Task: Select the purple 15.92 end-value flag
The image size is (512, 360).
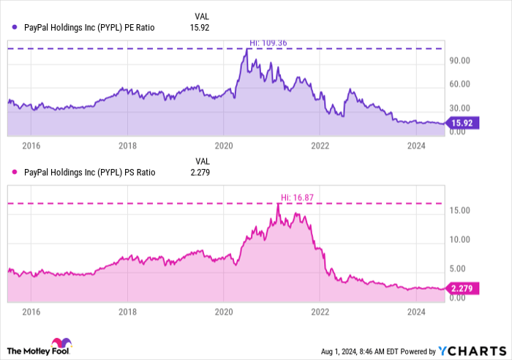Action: pyautogui.click(x=462, y=124)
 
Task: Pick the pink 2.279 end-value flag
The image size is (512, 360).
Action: pyautogui.click(x=463, y=288)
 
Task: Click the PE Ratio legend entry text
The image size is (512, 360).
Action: pyautogui.click(x=90, y=27)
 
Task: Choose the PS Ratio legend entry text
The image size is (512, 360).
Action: pyautogui.click(x=90, y=173)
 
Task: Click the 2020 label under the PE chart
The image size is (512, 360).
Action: pyautogui.click(x=224, y=146)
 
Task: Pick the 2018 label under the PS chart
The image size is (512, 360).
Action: pyautogui.click(x=127, y=312)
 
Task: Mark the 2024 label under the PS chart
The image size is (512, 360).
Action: pyautogui.click(x=417, y=312)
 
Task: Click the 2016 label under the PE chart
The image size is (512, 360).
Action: pyautogui.click(x=31, y=146)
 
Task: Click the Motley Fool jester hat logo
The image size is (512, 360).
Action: pyautogui.click(x=60, y=343)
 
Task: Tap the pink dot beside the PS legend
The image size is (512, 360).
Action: pyautogui.click(x=15, y=173)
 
